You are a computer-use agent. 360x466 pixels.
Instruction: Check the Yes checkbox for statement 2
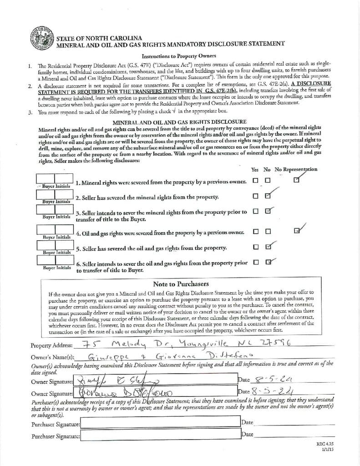coord(256,196)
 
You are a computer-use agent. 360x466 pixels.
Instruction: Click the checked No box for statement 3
coord(268,211)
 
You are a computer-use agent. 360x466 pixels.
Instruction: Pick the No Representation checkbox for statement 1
coord(297,180)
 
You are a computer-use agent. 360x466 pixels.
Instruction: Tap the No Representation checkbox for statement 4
coord(297,231)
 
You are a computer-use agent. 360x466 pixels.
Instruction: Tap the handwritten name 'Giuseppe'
coord(104,356)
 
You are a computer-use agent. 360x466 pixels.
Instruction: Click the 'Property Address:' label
coord(51,345)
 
